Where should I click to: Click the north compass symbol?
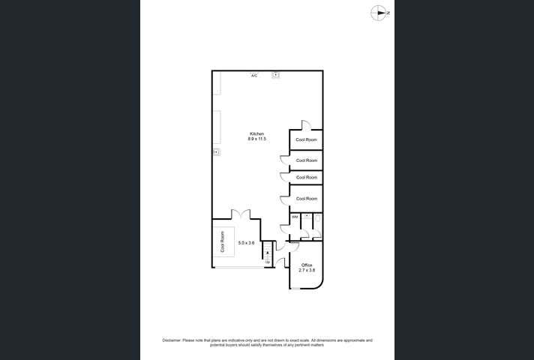(381, 13)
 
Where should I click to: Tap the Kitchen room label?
(256, 133)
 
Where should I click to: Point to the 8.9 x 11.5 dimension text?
(256, 139)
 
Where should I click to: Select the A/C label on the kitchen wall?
(254, 76)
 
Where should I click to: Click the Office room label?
(306, 265)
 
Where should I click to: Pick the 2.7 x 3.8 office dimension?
(306, 270)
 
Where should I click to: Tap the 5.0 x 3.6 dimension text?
(246, 243)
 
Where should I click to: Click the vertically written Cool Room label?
(222, 243)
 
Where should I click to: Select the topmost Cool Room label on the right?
(306, 140)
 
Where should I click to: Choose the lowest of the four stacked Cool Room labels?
(306, 199)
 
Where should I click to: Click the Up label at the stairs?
(267, 262)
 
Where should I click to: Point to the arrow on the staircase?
(267, 254)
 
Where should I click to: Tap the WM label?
(295, 217)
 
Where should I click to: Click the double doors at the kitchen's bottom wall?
(240, 214)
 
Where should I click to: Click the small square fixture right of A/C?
(276, 75)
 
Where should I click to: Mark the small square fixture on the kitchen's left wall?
(216, 151)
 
